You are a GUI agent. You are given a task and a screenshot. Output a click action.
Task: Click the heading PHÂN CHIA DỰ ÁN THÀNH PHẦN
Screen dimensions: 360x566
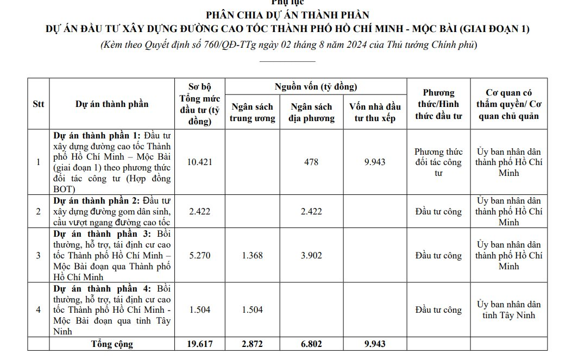(287, 15)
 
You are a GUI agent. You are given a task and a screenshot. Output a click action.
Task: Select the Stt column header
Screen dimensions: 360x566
(39, 104)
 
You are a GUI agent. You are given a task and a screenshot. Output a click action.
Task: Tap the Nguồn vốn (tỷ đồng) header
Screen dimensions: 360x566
(316, 87)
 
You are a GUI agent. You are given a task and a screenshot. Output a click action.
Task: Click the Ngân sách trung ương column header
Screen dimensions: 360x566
(251, 112)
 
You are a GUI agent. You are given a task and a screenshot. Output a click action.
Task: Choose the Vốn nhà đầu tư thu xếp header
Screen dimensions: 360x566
(374, 112)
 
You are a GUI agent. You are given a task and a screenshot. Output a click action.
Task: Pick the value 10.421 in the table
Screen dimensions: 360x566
(199, 162)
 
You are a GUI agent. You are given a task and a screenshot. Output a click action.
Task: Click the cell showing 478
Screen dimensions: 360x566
(311, 162)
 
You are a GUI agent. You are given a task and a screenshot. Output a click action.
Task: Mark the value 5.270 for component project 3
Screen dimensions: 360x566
(199, 255)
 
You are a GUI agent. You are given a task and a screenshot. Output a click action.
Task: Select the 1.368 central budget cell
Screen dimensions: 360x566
(251, 255)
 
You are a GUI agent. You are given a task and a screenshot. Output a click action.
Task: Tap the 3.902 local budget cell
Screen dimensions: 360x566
(311, 255)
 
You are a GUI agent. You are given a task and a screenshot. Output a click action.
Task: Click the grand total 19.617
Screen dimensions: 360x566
(199, 344)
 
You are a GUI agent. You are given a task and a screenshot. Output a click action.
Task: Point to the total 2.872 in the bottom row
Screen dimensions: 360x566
(251, 344)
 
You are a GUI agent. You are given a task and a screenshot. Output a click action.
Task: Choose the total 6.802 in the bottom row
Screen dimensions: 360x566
(311, 344)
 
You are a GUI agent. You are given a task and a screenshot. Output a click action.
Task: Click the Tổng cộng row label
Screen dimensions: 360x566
(112, 344)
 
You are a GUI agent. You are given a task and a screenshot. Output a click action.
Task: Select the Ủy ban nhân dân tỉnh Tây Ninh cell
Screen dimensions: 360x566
(508, 310)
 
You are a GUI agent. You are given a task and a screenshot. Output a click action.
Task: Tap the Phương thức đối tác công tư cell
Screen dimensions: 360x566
(438, 162)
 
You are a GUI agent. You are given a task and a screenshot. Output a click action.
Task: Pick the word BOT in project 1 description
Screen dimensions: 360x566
(64, 189)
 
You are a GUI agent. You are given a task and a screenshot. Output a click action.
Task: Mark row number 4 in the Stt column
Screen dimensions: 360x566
(38, 310)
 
